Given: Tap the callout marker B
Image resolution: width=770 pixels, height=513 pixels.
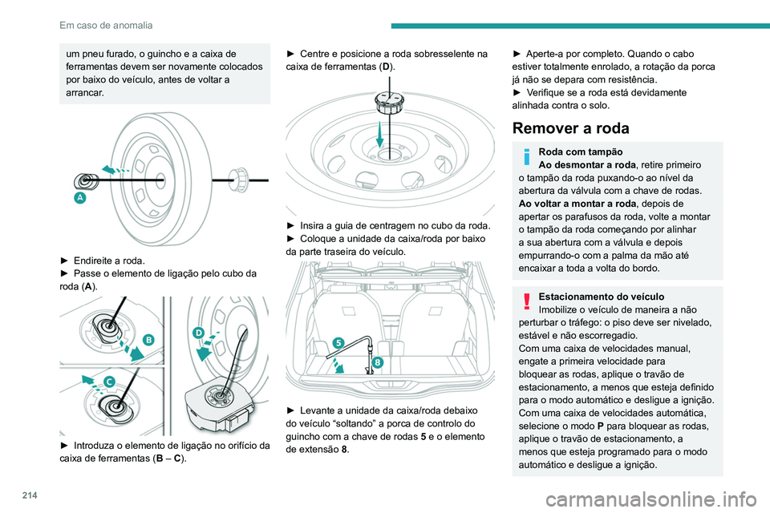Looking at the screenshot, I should tap(148, 340).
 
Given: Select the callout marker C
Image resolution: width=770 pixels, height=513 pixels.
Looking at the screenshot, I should tap(107, 382).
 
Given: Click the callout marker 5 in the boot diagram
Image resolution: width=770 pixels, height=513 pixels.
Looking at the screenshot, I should tap(338, 342).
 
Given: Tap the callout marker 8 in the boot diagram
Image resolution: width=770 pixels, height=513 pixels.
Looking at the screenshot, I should tap(377, 362).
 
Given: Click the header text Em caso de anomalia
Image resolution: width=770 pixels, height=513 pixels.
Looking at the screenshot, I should tap(106, 25).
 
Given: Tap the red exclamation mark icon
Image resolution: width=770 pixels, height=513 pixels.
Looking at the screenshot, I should tap(525, 301).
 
